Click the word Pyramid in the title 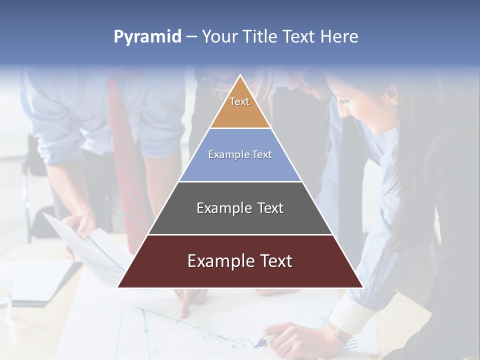147,37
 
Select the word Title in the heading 259,37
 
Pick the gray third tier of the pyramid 240,220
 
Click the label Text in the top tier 239,101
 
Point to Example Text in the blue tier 240,154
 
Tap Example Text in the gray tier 240,208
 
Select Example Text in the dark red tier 240,261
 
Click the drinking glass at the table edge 5,300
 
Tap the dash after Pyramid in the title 191,37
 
